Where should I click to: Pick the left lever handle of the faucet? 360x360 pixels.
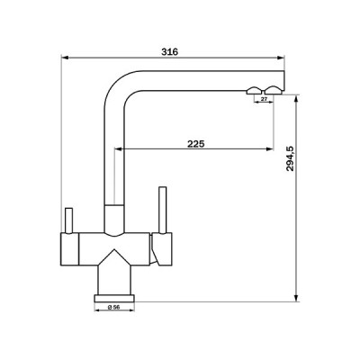point(67,218)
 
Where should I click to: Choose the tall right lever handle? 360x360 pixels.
point(163,210)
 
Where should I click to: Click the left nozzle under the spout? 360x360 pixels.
point(252,91)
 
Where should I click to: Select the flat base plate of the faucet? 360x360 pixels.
point(112,294)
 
